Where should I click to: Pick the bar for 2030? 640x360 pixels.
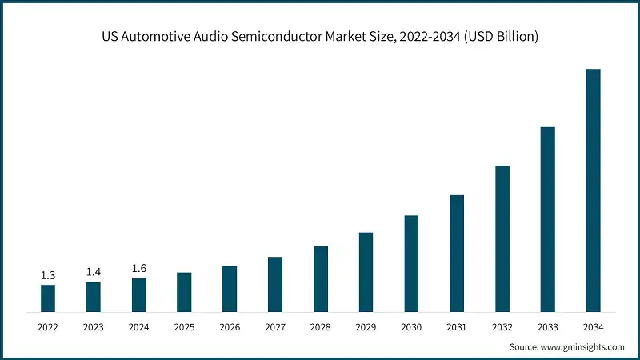coord(411,263)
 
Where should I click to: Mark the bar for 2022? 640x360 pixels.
coord(48,298)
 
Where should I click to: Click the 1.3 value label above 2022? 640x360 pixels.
coord(48,275)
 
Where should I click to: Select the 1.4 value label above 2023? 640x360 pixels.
coord(94,272)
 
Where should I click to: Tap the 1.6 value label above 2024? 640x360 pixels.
coord(139,268)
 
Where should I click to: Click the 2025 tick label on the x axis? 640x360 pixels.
coord(184,327)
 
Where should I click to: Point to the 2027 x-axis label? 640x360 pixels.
coord(274,327)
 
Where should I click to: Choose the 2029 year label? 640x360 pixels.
coord(366,327)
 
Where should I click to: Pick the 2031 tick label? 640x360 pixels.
coord(457,327)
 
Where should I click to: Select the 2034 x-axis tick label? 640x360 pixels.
coord(593,327)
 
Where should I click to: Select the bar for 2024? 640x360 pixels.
coord(139,294)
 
